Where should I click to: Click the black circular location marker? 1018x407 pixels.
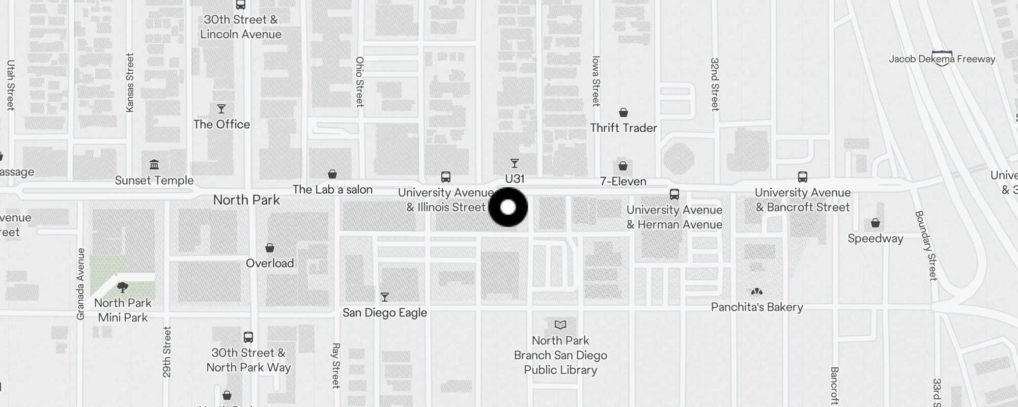pyautogui.click(x=508, y=207)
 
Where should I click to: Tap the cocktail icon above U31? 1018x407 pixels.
pyautogui.click(x=515, y=163)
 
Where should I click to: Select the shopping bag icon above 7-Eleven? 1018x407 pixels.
pyautogui.click(x=623, y=166)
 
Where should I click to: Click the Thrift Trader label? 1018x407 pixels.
pyautogui.click(x=623, y=128)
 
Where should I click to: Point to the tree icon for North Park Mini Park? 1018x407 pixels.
pyautogui.click(x=122, y=287)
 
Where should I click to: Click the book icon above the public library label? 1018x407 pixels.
pyautogui.click(x=560, y=325)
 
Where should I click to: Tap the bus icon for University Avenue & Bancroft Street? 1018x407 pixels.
pyautogui.click(x=802, y=177)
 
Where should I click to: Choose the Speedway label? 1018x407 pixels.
pyautogui.click(x=875, y=239)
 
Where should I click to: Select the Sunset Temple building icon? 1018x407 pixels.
pyautogui.click(x=154, y=165)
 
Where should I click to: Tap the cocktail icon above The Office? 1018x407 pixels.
pyautogui.click(x=221, y=109)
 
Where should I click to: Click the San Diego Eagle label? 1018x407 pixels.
pyautogui.click(x=384, y=312)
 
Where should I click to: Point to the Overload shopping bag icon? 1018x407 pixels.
pyautogui.click(x=270, y=248)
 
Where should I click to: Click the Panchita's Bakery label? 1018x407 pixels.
pyautogui.click(x=756, y=307)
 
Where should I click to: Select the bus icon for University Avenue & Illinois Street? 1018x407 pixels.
pyautogui.click(x=445, y=177)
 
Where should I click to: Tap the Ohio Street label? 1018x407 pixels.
pyautogui.click(x=360, y=81)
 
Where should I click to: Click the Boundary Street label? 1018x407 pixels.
pyautogui.click(x=926, y=245)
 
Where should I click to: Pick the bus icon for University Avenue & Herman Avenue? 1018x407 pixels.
pyautogui.click(x=674, y=194)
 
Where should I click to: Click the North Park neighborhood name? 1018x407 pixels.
pyautogui.click(x=246, y=200)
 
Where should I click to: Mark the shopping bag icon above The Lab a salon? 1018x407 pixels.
pyautogui.click(x=332, y=175)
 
